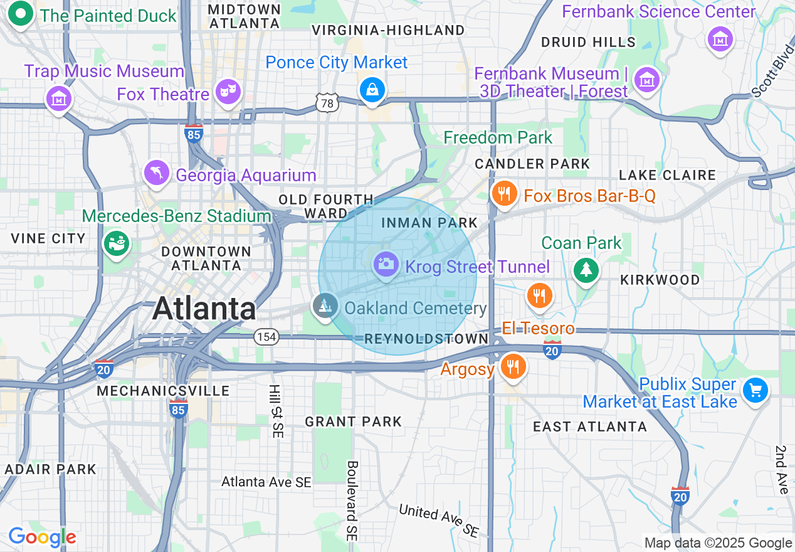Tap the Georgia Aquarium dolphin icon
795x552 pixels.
pos(156,172)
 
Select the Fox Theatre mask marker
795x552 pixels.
pos(226,92)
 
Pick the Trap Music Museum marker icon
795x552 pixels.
pos(58,98)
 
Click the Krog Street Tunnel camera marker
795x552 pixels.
pos(386,263)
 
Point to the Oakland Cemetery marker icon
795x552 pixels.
pos(325,306)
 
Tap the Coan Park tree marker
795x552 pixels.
pos(586,270)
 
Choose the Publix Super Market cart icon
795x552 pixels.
pos(755,391)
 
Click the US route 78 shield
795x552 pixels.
pos(327,103)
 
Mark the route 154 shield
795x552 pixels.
pos(266,337)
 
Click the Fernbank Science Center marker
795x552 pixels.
pos(720,38)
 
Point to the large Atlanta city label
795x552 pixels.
pos(204,309)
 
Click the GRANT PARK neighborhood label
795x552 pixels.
pos(353,422)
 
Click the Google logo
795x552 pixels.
pos(42,537)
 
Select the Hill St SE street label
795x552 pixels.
pos(276,411)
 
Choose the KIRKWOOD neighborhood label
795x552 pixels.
pos(660,280)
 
